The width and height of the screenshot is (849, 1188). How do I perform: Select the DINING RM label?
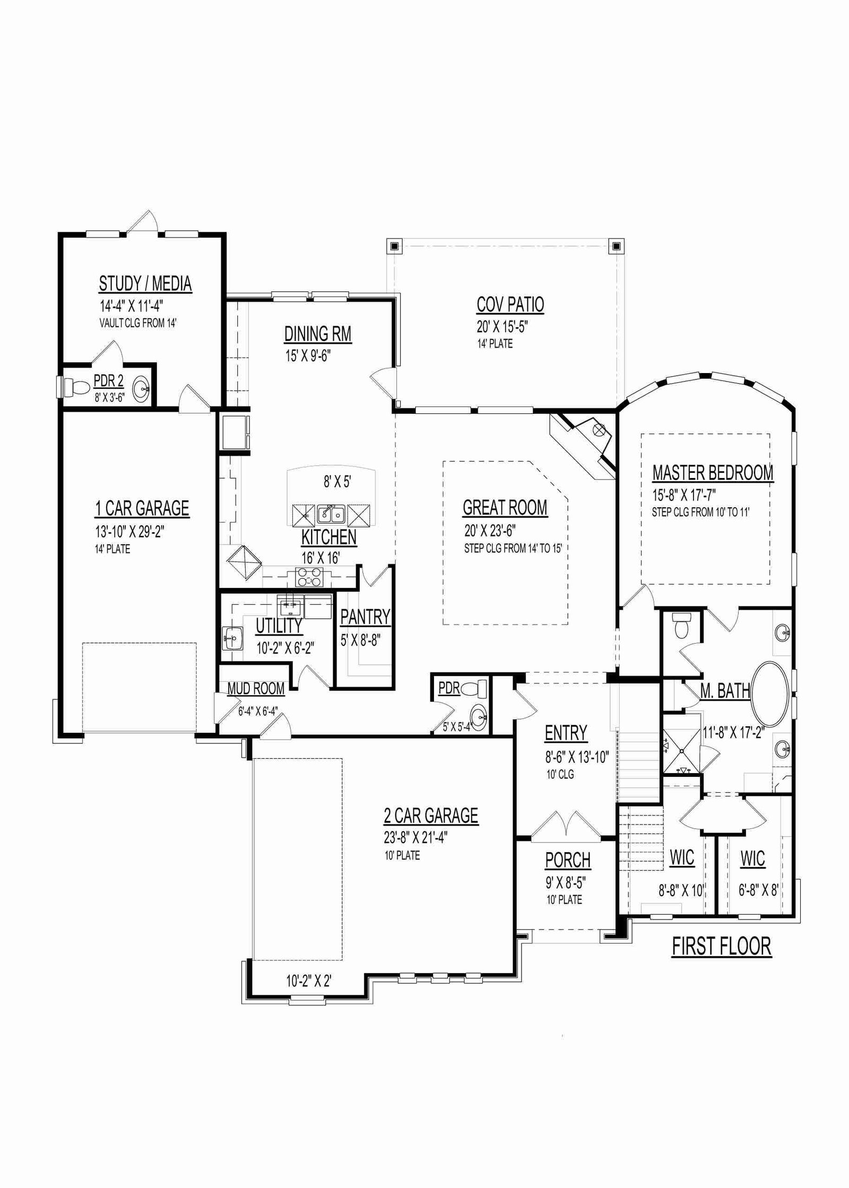click(318, 334)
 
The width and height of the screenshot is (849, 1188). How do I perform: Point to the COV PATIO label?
click(510, 305)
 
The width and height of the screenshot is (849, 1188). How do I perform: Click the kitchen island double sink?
click(331, 514)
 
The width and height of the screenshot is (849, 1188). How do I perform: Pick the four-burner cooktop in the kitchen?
click(309, 577)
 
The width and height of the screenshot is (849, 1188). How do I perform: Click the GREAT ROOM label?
click(505, 508)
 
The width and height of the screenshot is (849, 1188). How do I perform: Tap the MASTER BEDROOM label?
click(713, 473)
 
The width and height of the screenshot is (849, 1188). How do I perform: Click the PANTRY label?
click(365, 617)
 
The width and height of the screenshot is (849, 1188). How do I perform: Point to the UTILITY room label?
click(279, 626)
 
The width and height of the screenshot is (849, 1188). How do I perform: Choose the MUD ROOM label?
click(256, 689)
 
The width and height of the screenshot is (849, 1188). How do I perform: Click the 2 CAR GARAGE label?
click(431, 815)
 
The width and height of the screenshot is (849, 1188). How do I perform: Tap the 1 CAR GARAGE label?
click(142, 508)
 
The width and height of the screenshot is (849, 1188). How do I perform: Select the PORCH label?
click(568, 860)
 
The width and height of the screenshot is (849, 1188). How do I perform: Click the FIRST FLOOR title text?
click(722, 946)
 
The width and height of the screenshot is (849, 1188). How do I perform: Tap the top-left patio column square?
click(394, 246)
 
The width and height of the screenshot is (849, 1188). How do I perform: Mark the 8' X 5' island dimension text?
click(337, 482)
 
